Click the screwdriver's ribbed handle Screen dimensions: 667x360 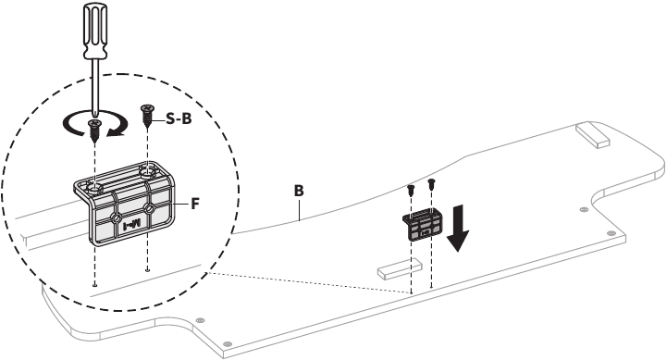(96, 29)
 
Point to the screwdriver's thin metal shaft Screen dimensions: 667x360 (96, 86)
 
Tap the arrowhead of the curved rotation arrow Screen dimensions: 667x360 (115, 132)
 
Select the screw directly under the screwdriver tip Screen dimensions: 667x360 (94, 129)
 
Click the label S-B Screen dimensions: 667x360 (179, 119)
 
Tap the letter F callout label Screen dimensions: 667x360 (195, 204)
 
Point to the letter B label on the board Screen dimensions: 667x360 (299, 191)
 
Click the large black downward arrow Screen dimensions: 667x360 (458, 228)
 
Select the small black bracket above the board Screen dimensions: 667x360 (423, 223)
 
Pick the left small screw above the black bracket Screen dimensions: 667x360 (411, 190)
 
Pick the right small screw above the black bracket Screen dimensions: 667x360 (431, 184)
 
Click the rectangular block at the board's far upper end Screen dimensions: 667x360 (592, 135)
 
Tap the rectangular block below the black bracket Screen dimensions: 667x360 (400, 269)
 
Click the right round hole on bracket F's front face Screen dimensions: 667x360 (149, 208)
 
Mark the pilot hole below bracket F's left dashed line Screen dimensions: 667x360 (94, 285)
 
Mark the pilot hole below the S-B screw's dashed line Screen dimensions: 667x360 (147, 269)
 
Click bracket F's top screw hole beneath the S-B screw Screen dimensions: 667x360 (147, 172)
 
